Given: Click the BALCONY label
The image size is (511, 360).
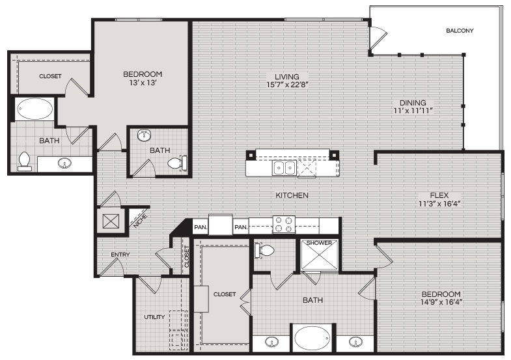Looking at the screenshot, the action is click(460, 31).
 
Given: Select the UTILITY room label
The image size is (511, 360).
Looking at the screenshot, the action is click(154, 316).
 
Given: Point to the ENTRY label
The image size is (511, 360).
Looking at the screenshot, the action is click(120, 255).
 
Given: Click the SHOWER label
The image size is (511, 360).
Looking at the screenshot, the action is click(320, 243).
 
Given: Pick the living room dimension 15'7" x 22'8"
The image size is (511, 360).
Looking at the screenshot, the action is click(287, 85).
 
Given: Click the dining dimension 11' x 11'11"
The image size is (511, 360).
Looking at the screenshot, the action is click(413, 111).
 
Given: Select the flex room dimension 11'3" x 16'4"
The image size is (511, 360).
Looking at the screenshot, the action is click(439, 204).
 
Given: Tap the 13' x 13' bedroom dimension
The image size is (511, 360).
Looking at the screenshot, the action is click(143, 83).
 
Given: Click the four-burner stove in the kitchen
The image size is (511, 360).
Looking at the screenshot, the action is click(284, 225).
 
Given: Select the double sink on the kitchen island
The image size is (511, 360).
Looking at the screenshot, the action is click(284, 169).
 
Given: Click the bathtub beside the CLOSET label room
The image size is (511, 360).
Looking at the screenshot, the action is click(35, 109).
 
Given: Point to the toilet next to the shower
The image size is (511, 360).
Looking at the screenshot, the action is click(264, 251).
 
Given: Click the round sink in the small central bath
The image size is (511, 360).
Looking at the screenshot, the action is click(144, 135).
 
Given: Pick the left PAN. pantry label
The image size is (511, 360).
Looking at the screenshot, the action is click(200, 227).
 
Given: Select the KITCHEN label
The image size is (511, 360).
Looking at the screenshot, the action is click(292, 195).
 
